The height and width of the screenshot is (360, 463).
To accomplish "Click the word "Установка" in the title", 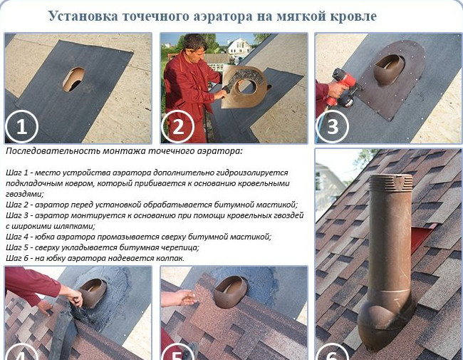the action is point(83,16).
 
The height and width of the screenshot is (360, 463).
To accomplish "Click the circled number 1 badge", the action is point(22,127).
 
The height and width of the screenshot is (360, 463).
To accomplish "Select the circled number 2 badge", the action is point(178,127).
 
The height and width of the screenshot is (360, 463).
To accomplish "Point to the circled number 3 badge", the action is point(333,127).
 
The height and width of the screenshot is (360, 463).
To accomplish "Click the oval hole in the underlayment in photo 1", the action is point(73,79).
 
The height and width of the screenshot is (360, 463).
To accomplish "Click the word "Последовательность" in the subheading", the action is point(53,151).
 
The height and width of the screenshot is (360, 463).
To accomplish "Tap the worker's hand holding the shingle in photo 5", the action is point(185,298).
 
